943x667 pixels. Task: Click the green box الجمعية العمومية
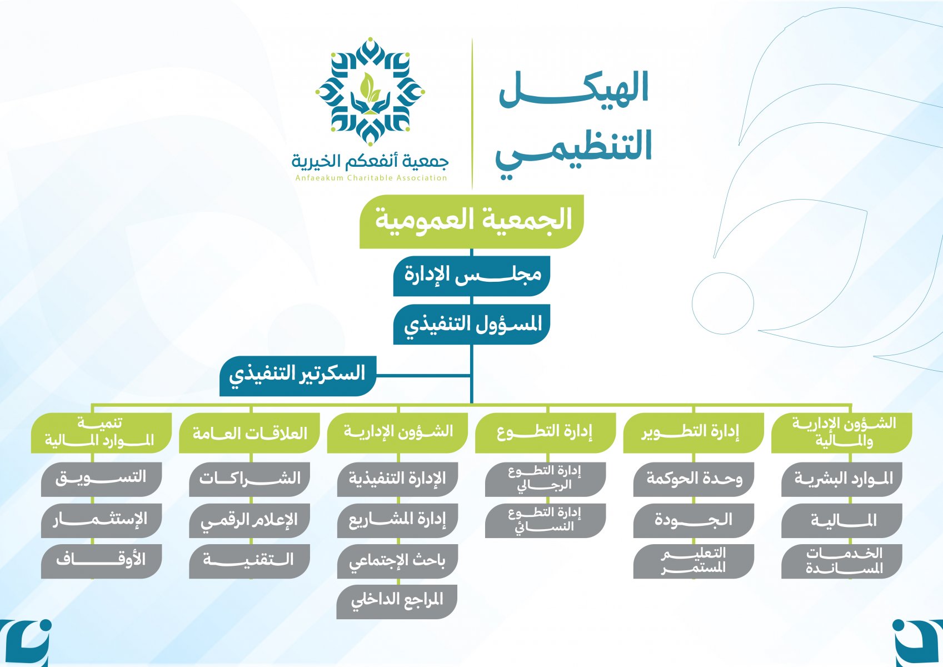[x=472, y=221]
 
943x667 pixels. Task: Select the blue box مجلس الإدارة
[x=472, y=275]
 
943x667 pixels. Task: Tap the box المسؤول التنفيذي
[x=472, y=324]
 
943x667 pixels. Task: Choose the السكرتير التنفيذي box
[x=298, y=375]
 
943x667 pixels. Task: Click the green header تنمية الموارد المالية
[x=101, y=432]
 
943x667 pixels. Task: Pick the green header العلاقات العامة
[x=250, y=433]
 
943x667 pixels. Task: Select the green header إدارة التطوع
[x=545, y=432]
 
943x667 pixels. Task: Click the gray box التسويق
[x=101, y=478]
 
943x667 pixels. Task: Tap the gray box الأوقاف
[x=101, y=560]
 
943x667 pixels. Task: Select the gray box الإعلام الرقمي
[x=250, y=520]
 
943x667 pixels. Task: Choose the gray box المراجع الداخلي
[x=397, y=601]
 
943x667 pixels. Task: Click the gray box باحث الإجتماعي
[x=397, y=561]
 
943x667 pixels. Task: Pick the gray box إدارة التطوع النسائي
[x=545, y=520]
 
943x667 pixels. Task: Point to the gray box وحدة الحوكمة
[x=693, y=479]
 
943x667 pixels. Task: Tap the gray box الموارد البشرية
[x=842, y=479]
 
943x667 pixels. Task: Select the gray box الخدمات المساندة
[x=842, y=561]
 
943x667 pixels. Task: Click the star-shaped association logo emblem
[x=370, y=92]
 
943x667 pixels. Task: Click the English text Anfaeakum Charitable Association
[x=371, y=178]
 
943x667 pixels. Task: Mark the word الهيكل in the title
[x=574, y=89]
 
